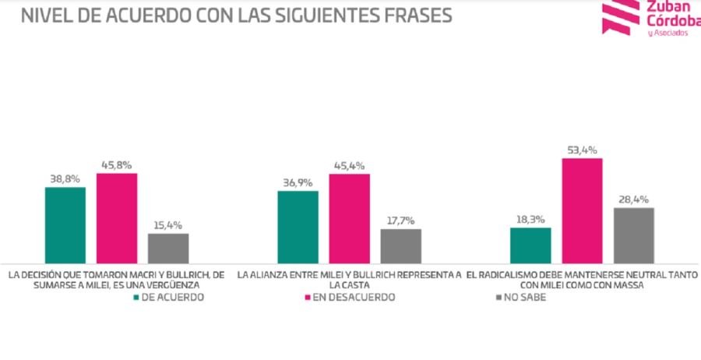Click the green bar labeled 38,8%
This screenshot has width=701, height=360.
[65, 225]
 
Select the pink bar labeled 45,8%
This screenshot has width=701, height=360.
[117, 218]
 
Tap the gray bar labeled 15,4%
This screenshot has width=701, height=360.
[168, 249]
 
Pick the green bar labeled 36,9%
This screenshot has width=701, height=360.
[298, 227]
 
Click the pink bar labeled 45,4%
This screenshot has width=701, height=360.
[350, 219]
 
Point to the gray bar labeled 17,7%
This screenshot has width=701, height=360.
[401, 246]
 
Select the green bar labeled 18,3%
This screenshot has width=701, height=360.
[530, 245]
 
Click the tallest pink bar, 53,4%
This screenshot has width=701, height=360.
[582, 211]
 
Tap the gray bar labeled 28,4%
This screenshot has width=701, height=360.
[633, 235]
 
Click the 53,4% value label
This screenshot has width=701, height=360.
[581, 148]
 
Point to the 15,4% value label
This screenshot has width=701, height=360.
[168, 224]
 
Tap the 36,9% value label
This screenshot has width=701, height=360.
[298, 182]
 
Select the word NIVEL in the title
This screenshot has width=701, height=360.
[45, 16]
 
